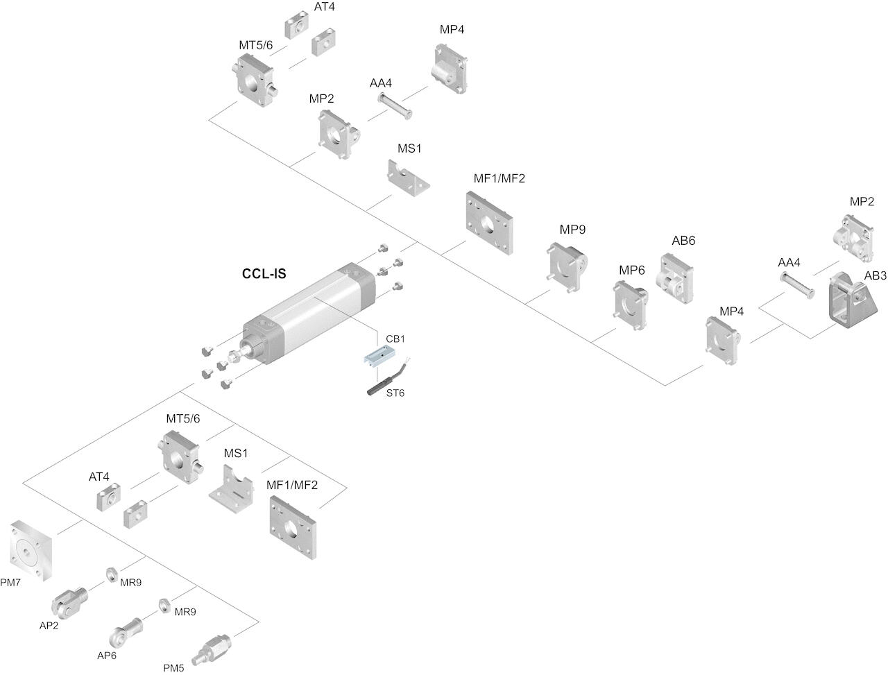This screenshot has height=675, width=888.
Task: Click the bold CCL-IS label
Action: [x=264, y=274]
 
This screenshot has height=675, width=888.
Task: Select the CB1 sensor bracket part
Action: [x=379, y=357]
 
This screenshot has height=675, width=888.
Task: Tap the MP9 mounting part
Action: [x=567, y=268]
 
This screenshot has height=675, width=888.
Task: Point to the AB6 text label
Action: [x=683, y=241]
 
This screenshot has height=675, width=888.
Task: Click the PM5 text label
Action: [x=173, y=668]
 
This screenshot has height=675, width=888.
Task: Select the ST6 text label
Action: [x=395, y=393]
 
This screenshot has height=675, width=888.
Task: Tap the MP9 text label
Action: [x=573, y=229]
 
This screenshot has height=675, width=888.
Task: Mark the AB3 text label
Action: [x=875, y=275]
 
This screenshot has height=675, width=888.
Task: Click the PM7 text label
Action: [x=10, y=583]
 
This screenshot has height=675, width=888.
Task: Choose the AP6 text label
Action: [x=107, y=656]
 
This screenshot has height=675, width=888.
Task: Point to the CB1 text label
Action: [x=395, y=339]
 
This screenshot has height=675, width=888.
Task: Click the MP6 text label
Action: [x=632, y=270]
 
